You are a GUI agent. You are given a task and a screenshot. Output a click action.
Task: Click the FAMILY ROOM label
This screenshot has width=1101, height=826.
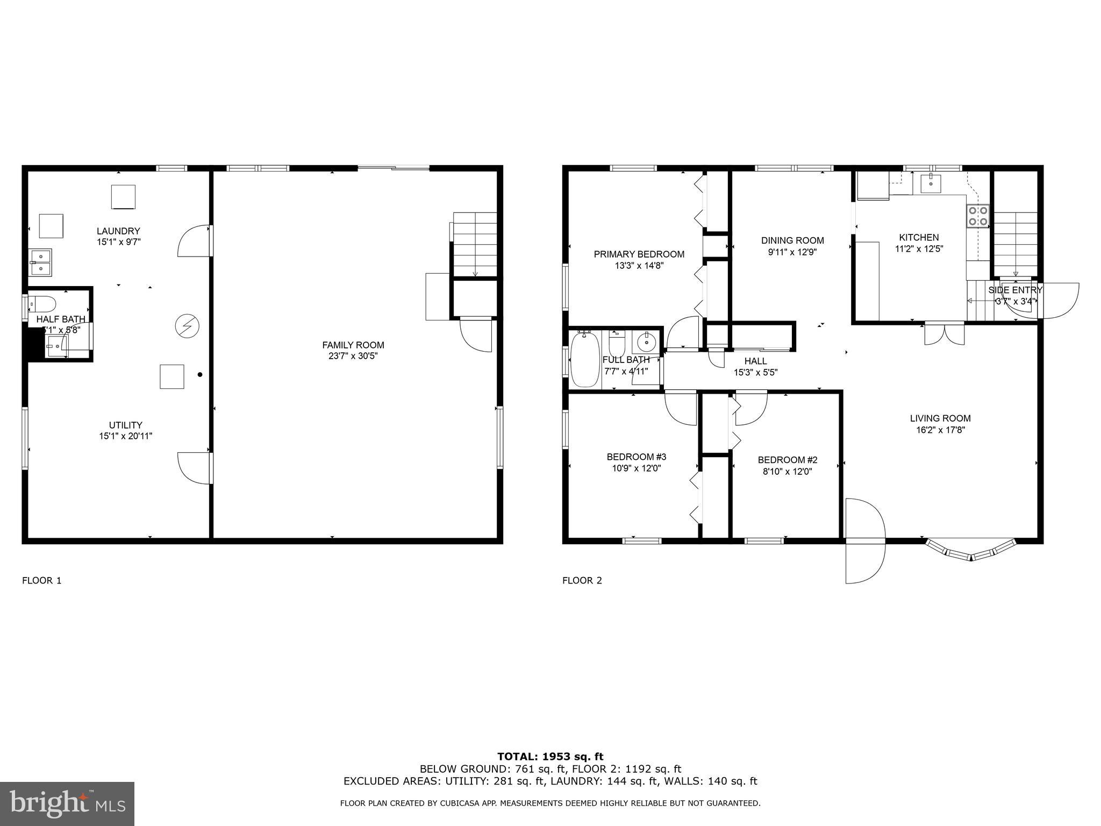pyautogui.click(x=353, y=345)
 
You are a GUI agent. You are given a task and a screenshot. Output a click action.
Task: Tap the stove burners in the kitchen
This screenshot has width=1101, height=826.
pyautogui.click(x=977, y=216)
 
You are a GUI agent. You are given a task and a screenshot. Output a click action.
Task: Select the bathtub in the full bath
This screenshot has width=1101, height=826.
pyautogui.click(x=585, y=359)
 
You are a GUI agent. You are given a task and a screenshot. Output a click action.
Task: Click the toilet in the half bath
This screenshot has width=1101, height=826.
pyautogui.click(x=43, y=304)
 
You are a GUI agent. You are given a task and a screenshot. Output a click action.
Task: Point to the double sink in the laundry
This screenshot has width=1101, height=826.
pyautogui.click(x=40, y=262)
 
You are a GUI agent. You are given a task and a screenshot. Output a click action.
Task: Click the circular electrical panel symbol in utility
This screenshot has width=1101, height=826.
pyautogui.click(x=187, y=326)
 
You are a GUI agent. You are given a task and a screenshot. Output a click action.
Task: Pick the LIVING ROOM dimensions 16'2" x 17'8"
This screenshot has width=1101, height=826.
pyautogui.click(x=940, y=430)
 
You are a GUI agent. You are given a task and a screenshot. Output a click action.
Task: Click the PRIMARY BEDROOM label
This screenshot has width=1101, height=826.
pyautogui.click(x=639, y=254)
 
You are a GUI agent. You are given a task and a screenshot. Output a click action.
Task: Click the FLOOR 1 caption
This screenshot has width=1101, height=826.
pyautogui.click(x=41, y=580)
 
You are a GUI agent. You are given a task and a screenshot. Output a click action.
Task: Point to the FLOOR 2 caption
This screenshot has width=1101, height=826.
pyautogui.click(x=582, y=580)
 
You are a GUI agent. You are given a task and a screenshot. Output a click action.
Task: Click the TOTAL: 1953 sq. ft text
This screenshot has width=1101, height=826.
pyautogui.click(x=550, y=757)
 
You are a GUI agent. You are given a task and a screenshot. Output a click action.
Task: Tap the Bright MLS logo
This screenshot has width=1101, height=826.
pyautogui.click(x=67, y=803)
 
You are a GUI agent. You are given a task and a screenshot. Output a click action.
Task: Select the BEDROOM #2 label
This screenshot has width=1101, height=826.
pyautogui.click(x=787, y=460)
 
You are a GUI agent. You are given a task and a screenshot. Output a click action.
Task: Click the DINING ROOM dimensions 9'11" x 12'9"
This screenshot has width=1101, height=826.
pyautogui.click(x=792, y=252)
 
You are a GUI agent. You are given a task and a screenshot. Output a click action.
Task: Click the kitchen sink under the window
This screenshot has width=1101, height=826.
pyautogui.click(x=931, y=184)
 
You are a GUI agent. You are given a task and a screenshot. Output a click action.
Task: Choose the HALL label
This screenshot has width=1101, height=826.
pyautogui.click(x=755, y=361)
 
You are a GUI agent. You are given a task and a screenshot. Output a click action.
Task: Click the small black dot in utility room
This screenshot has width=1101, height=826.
pyautogui.click(x=200, y=374)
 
